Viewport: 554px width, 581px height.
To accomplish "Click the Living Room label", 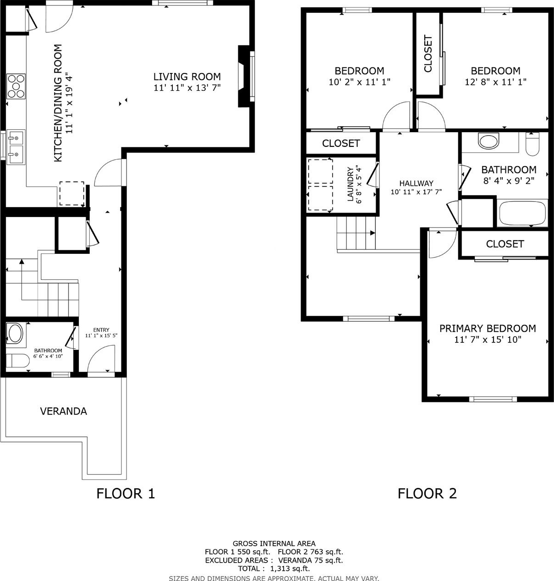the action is coord(187,77).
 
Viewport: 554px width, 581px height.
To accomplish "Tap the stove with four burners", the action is coord(16,86).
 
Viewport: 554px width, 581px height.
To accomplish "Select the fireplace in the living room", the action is coord(244,76).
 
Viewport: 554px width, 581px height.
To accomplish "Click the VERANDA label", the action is coord(64,411).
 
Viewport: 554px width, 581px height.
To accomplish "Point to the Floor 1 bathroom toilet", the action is coord(17,361).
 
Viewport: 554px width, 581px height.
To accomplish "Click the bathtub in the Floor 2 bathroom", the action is coord(522,213).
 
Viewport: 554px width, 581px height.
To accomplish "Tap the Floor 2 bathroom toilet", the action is coord(532,144).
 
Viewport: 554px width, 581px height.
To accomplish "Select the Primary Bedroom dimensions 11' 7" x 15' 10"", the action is coord(488,340).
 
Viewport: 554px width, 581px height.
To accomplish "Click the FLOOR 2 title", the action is coord(427,493).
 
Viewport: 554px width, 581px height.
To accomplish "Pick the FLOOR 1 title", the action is coord(126,493).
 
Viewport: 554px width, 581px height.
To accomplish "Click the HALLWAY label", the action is coord(416,183).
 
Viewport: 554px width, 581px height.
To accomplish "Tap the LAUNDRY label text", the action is coord(351,184).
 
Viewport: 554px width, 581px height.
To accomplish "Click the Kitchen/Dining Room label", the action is coord(58,103).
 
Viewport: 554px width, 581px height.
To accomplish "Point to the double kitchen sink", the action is coord(16,147).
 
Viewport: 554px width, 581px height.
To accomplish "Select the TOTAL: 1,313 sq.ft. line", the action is coord(274,568).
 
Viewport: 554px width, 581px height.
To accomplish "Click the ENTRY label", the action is coord(101,330).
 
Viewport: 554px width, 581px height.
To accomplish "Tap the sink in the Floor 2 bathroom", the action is coord(488,141).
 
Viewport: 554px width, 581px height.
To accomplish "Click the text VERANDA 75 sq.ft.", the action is coord(310,560).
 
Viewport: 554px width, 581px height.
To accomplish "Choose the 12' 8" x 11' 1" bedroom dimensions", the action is coord(495,82).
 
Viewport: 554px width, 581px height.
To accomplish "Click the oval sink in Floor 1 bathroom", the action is coord(16,334).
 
